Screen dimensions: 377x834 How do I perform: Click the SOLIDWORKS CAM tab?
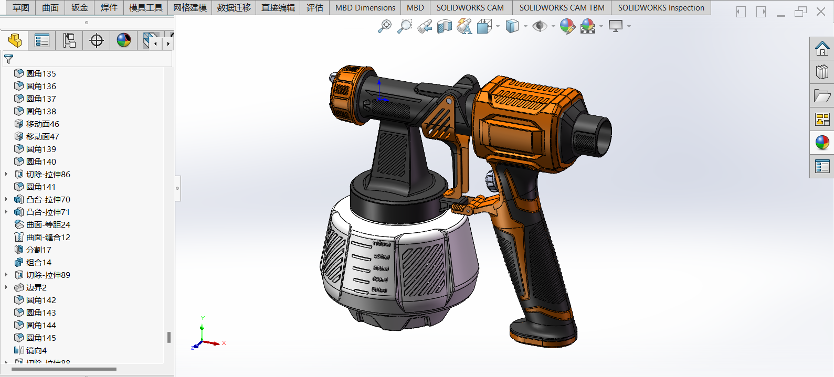click(x=470, y=7)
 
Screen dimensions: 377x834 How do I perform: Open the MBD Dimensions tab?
click(x=365, y=7)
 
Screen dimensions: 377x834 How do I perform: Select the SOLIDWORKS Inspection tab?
click(x=660, y=7)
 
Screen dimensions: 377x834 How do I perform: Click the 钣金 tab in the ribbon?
click(x=80, y=7)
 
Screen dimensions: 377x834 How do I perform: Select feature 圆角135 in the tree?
click(x=41, y=73)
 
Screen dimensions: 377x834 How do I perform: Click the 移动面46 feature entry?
click(x=43, y=124)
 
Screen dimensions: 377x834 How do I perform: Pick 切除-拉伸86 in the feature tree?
click(x=48, y=174)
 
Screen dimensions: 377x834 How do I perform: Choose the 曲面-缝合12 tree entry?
click(x=48, y=237)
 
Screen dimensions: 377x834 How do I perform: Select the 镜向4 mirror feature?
click(x=36, y=350)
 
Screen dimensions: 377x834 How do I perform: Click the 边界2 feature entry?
click(x=36, y=287)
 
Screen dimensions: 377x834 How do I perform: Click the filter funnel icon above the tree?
click(x=8, y=59)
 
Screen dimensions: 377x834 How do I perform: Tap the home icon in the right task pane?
click(x=822, y=49)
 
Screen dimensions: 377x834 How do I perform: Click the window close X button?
click(x=821, y=12)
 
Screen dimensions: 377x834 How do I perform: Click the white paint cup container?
click(x=399, y=262)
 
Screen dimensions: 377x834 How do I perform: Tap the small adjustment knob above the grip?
click(x=490, y=181)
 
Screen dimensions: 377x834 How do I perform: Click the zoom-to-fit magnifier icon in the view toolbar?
click(x=384, y=26)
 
